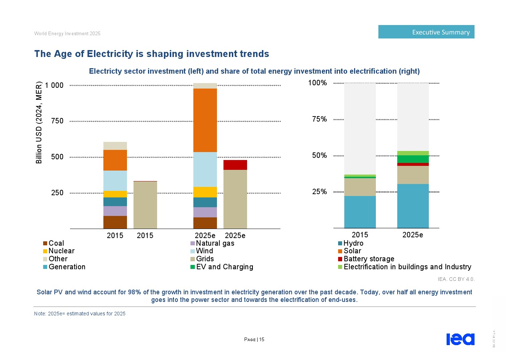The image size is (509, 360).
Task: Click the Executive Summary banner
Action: coord(426,32)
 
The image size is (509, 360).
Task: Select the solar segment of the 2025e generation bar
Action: coord(205,120)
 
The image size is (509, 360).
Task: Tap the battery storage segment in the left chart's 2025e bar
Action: coord(235,165)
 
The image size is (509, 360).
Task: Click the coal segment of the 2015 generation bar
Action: coord(115,222)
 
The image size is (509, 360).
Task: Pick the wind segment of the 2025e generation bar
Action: coord(205,169)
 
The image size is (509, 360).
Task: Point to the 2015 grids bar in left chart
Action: coord(145,205)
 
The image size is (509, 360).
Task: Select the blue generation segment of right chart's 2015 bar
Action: coord(360,212)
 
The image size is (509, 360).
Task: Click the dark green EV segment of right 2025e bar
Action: coord(413,159)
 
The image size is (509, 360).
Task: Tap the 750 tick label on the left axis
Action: coord(57,121)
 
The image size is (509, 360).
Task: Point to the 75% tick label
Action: coord(320,119)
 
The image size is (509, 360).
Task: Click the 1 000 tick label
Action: coord(54,85)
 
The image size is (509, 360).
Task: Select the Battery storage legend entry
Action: coord(369,259)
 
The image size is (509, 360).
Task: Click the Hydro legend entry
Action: coord(353,243)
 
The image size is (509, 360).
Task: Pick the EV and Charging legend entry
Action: coord(224,267)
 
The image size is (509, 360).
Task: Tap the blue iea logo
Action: coord(460,339)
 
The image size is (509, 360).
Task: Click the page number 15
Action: coord(262,340)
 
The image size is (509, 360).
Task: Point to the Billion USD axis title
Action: coord(39,123)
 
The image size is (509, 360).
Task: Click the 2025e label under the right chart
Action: coord(412,235)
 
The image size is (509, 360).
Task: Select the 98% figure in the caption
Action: coord(134,292)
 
